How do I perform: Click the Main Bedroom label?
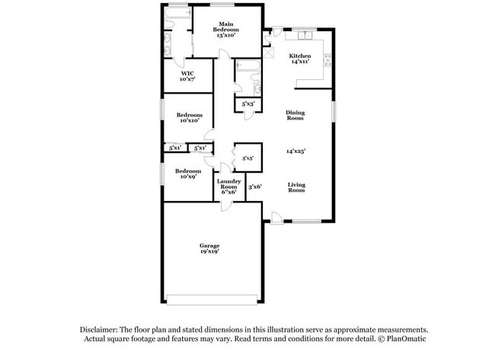[x=226, y=31]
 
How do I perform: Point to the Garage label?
[x=209, y=248]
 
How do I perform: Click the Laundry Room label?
[x=228, y=186]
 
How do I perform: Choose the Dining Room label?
[x=295, y=116]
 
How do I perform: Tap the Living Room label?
[x=296, y=188]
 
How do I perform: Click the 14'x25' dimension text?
[x=295, y=151]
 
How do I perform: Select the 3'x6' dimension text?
[x=255, y=186]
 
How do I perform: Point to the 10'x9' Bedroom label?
[x=188, y=174]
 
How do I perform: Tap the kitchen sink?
[x=306, y=35]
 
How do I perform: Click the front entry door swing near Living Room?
[x=277, y=218]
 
